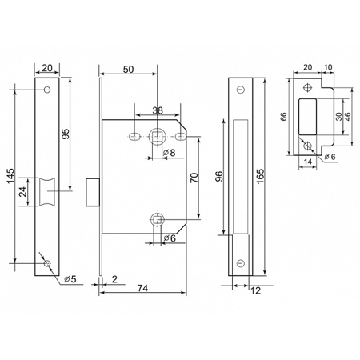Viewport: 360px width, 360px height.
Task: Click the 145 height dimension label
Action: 10,176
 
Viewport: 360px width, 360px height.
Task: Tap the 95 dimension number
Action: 66,134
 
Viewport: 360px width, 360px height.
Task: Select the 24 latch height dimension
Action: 23,192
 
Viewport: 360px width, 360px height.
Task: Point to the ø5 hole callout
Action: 70,279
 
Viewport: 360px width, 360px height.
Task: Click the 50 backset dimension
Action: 128,70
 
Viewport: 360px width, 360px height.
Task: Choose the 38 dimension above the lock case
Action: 158,110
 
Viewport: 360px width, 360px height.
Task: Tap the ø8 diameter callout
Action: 169,153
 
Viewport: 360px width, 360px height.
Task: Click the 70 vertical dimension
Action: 194,178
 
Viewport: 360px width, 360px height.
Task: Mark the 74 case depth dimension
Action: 143,288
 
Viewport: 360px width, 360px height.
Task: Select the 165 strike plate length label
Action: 260,176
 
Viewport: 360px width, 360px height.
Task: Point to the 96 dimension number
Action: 218,176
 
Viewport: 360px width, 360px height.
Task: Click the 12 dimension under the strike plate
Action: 255,290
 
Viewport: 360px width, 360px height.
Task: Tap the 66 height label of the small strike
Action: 283,117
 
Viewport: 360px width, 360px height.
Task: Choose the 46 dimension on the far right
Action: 347,117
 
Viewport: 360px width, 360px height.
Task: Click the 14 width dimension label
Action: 308,162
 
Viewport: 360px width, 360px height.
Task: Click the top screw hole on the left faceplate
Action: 47,90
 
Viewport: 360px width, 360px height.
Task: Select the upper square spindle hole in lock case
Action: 158,137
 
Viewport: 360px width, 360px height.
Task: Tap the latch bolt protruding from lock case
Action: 93,192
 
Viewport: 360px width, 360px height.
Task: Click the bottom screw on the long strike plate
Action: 241,263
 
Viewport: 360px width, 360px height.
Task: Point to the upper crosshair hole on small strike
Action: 308,88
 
